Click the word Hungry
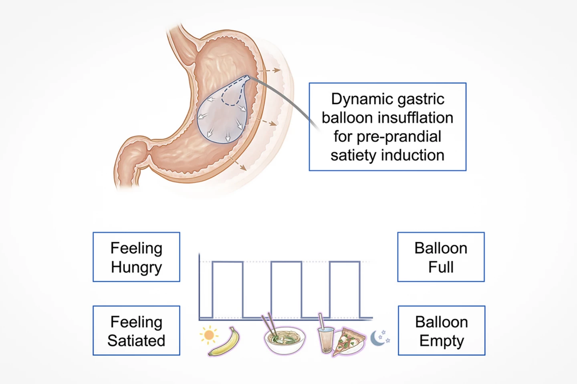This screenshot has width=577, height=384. click(x=136, y=267)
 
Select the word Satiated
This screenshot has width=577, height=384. click(x=136, y=341)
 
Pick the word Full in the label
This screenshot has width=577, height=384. click(x=441, y=267)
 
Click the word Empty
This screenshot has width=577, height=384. click(x=442, y=341)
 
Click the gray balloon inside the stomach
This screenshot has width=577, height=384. click(x=218, y=120)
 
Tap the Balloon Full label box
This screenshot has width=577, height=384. click(x=441, y=257)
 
